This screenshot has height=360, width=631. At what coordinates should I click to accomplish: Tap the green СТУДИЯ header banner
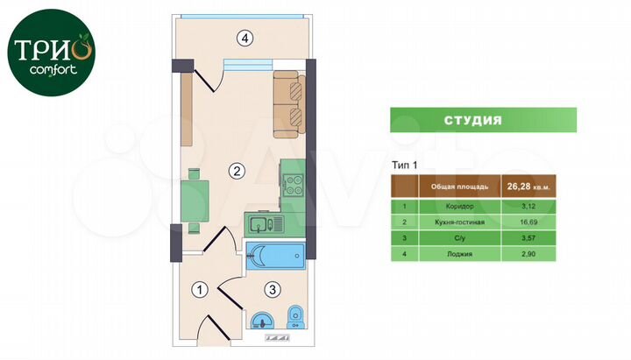pos(483,120)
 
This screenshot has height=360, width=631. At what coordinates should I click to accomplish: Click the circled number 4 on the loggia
pos(248,38)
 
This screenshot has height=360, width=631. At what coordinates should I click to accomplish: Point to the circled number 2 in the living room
pos(235,171)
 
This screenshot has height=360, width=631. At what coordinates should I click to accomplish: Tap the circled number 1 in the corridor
pos(200,288)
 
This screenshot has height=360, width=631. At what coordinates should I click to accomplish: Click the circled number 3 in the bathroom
pos(273,288)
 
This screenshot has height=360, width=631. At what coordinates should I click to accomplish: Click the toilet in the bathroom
pos(296,315)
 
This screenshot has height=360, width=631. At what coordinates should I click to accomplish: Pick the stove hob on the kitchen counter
pos(292,185)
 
